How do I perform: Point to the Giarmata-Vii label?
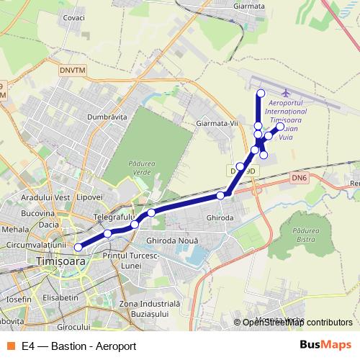[217, 124]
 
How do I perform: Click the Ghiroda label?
[220, 217]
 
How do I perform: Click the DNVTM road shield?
[72, 71]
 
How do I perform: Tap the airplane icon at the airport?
[287, 94]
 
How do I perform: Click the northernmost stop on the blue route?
[261, 94]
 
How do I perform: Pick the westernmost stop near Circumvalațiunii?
[78, 246]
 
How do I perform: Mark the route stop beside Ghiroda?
[220, 196]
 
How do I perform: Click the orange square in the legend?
[9, 345]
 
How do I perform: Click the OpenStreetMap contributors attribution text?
[297, 323]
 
